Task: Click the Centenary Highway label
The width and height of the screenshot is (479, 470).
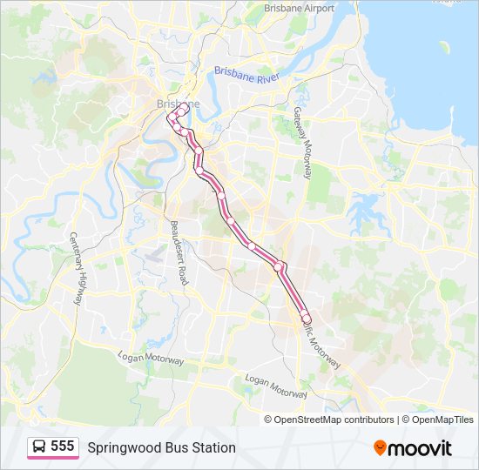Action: coord(77,269)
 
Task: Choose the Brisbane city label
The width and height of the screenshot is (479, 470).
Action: coord(178,104)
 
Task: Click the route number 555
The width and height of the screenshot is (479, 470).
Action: coord(63,446)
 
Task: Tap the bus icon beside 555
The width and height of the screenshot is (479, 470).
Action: coord(39,446)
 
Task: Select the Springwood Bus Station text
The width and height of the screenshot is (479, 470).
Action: coord(161,447)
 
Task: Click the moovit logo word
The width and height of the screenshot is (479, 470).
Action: coord(420,448)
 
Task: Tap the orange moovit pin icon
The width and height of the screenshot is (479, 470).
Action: coord(380,447)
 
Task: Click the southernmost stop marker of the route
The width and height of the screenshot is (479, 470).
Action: coord(306,319)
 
